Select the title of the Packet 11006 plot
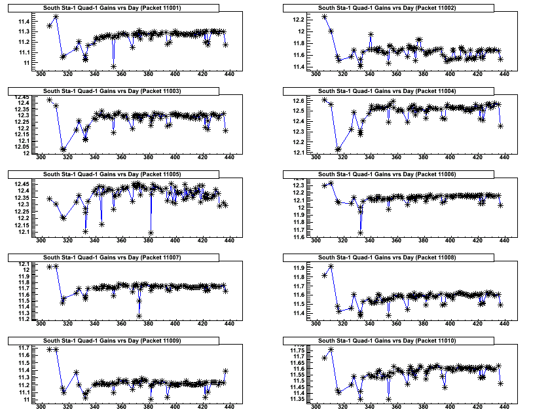coord(378,174)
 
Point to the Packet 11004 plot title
coord(378,90)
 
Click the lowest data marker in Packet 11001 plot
coord(114,66)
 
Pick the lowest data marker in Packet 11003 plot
coord(64,149)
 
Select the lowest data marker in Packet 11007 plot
coord(139,316)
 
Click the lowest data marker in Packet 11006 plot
coord(361,233)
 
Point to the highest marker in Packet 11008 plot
coord(331,267)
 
